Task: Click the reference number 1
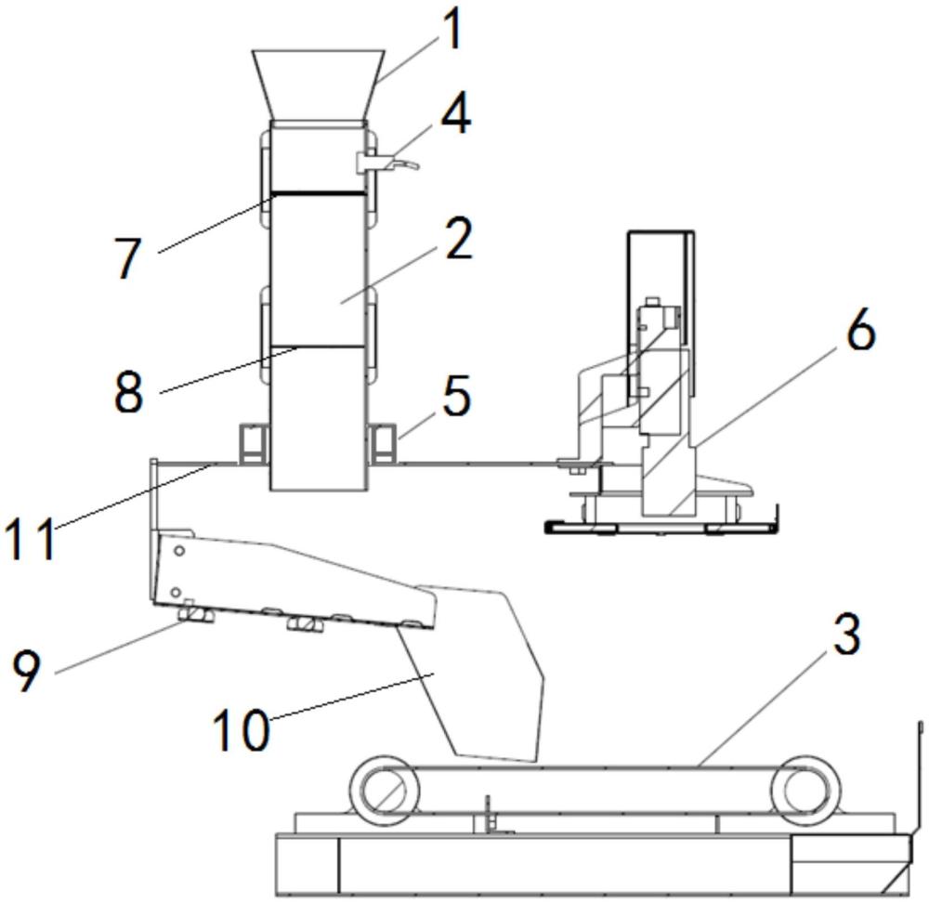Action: point(451,31)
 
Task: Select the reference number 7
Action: point(127,258)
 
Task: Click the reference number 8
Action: point(128,390)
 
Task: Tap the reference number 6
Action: point(860,332)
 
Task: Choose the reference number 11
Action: point(30,539)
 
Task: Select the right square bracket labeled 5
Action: point(383,442)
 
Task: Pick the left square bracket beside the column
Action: point(252,442)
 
